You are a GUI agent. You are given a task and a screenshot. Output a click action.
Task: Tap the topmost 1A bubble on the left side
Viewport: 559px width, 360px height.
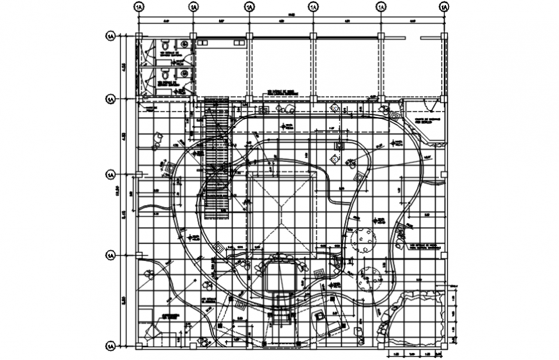coord(111,36)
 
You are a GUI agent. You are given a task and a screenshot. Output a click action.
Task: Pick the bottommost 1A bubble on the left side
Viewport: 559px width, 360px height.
coord(111,344)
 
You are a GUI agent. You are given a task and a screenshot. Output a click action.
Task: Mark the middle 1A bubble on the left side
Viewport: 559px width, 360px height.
coord(111,175)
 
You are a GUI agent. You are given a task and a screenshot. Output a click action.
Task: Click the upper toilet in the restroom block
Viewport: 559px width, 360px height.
coord(166,46)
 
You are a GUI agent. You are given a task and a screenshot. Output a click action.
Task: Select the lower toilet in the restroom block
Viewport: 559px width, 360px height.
coord(166,75)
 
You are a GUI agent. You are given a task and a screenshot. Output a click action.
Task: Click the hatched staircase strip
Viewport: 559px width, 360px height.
coord(217,161)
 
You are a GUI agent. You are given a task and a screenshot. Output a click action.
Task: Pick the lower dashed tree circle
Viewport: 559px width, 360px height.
coord(370,277)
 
